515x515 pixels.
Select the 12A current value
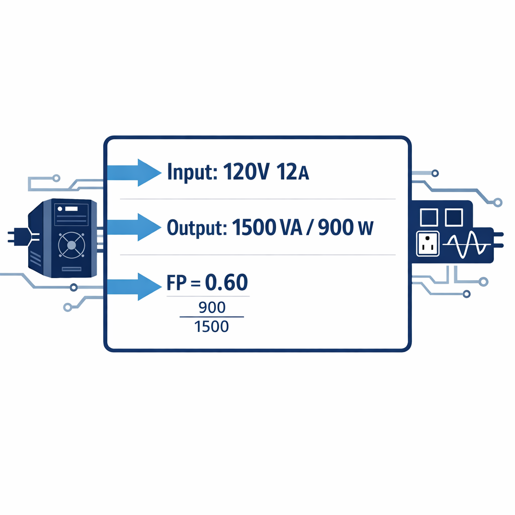coord(291,173)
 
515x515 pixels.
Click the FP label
coord(174,284)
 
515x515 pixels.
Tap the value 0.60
coord(226,283)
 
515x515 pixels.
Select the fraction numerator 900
coord(212,307)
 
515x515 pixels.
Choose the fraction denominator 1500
coord(211,327)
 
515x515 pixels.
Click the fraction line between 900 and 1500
coord(211,317)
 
